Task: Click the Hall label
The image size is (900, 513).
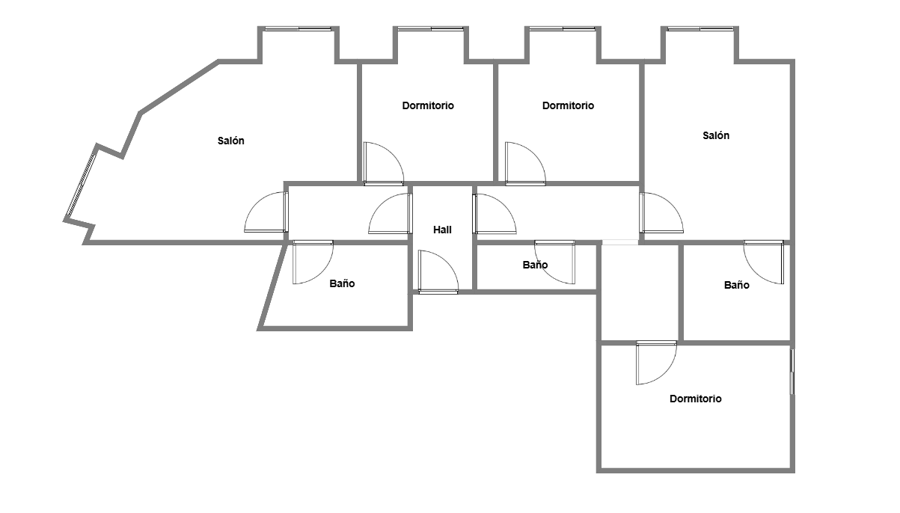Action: coord(442,230)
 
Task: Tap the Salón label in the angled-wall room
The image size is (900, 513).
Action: coord(230,141)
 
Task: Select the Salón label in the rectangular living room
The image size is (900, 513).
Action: coord(715,135)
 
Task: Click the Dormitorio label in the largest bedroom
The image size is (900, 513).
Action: coord(695,399)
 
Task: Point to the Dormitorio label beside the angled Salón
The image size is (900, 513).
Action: coord(428,105)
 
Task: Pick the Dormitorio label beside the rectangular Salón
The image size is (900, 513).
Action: coord(568,105)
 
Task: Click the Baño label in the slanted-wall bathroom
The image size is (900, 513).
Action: coord(342,283)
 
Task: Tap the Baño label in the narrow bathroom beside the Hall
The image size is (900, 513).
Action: coord(535,265)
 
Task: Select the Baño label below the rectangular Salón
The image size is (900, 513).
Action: coord(736,285)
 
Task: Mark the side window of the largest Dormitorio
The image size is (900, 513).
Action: coord(792,372)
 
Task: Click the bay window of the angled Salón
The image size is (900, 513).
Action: coord(298,29)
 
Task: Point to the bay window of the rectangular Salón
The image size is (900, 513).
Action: coord(700,29)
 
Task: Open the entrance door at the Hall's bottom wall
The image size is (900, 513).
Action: coord(438,272)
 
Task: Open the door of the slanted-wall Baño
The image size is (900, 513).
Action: coord(313,262)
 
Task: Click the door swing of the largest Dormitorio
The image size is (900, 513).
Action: coord(656,363)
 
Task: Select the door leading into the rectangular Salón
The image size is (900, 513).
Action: coord(661,213)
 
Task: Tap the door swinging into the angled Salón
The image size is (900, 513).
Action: coord(266,212)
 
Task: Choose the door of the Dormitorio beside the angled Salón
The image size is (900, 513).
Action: coord(384,164)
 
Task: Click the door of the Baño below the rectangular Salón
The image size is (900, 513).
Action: coord(763,262)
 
